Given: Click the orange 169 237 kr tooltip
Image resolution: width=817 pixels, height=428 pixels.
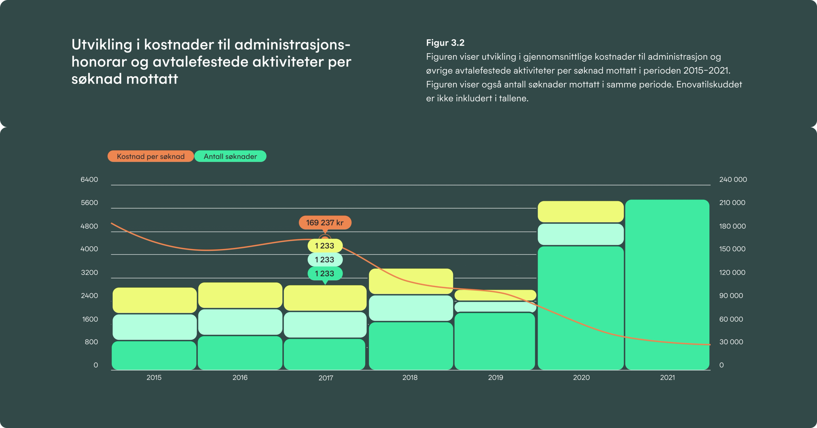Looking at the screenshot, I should coord(325,222).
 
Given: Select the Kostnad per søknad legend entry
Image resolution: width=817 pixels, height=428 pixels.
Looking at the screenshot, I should coord(150,156).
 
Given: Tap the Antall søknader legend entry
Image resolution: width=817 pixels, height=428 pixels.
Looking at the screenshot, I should coord(230,156).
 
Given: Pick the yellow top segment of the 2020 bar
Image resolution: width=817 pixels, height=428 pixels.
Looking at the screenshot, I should coord(580,212).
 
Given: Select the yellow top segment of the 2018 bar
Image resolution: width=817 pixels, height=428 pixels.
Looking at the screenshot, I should coord(411,281).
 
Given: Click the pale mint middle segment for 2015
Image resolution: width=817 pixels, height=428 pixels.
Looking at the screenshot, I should coord(155,327).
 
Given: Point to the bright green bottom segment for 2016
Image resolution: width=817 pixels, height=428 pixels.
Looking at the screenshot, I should coord(240,353).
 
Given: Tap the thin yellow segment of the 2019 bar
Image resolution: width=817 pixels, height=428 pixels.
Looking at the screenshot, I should coord(495,295).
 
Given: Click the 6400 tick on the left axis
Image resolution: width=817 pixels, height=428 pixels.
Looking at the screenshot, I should coord(89,180).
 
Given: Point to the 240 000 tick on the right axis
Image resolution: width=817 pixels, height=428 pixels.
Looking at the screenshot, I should coord(732,180).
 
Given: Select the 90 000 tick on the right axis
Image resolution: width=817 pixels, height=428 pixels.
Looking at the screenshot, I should coord(731,296).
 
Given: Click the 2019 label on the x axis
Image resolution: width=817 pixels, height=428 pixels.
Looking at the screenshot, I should coord(495,378).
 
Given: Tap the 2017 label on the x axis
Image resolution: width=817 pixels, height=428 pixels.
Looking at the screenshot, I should coord(326,378).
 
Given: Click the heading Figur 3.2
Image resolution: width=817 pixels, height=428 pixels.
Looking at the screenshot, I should coord(445,43).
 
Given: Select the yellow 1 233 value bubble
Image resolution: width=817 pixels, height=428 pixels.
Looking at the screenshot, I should coord(325,246).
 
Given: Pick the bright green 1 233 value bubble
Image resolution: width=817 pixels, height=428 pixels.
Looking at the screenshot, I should coord(325,273).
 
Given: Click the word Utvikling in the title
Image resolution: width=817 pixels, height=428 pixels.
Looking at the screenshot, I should coord(101,45).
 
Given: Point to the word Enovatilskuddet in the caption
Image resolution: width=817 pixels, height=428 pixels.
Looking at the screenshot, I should coord(709,84).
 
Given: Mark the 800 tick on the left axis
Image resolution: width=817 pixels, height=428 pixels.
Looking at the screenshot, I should coord(91,342).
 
